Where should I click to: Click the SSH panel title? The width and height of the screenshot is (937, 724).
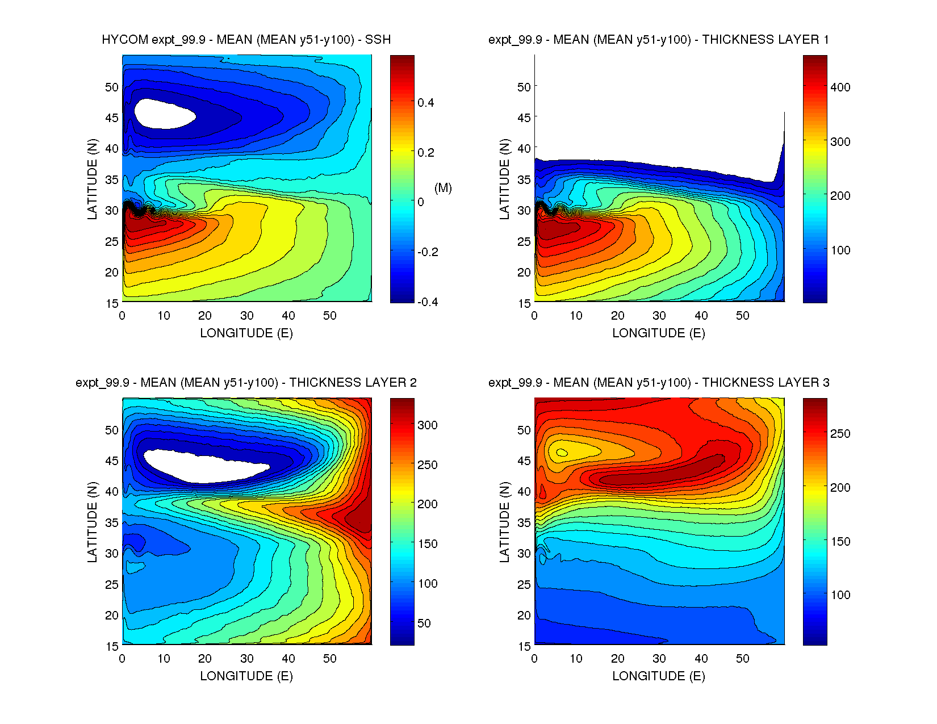coord(246,40)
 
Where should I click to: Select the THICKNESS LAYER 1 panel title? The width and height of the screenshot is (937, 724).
coord(658,40)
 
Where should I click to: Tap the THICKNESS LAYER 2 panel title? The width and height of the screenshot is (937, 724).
coord(246,383)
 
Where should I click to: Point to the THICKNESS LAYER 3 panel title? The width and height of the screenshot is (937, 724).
coord(658,383)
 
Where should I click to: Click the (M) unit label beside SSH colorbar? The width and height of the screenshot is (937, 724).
coord(443,188)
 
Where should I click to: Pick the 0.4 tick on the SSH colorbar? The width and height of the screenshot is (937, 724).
coord(425,103)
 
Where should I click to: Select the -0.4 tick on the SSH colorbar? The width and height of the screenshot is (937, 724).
coord(427,302)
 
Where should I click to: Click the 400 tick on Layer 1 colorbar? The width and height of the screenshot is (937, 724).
coord(840,87)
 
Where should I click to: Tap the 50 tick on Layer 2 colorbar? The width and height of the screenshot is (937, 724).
coord(424,623)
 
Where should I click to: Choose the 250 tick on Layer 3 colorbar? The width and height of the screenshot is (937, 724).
coord(840,434)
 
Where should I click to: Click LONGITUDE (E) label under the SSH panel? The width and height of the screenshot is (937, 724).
coord(246,333)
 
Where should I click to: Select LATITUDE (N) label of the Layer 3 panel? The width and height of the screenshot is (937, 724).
coord(504,522)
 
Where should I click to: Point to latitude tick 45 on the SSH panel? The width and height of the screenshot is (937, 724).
coord(112,118)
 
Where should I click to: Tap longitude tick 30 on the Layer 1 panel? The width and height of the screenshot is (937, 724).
coord(659,316)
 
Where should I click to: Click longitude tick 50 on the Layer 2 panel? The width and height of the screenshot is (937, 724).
coord(330,659)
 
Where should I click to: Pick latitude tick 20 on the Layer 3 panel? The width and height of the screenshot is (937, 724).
coord(524,616)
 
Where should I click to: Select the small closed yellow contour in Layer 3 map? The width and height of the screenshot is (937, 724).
coord(562,453)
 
